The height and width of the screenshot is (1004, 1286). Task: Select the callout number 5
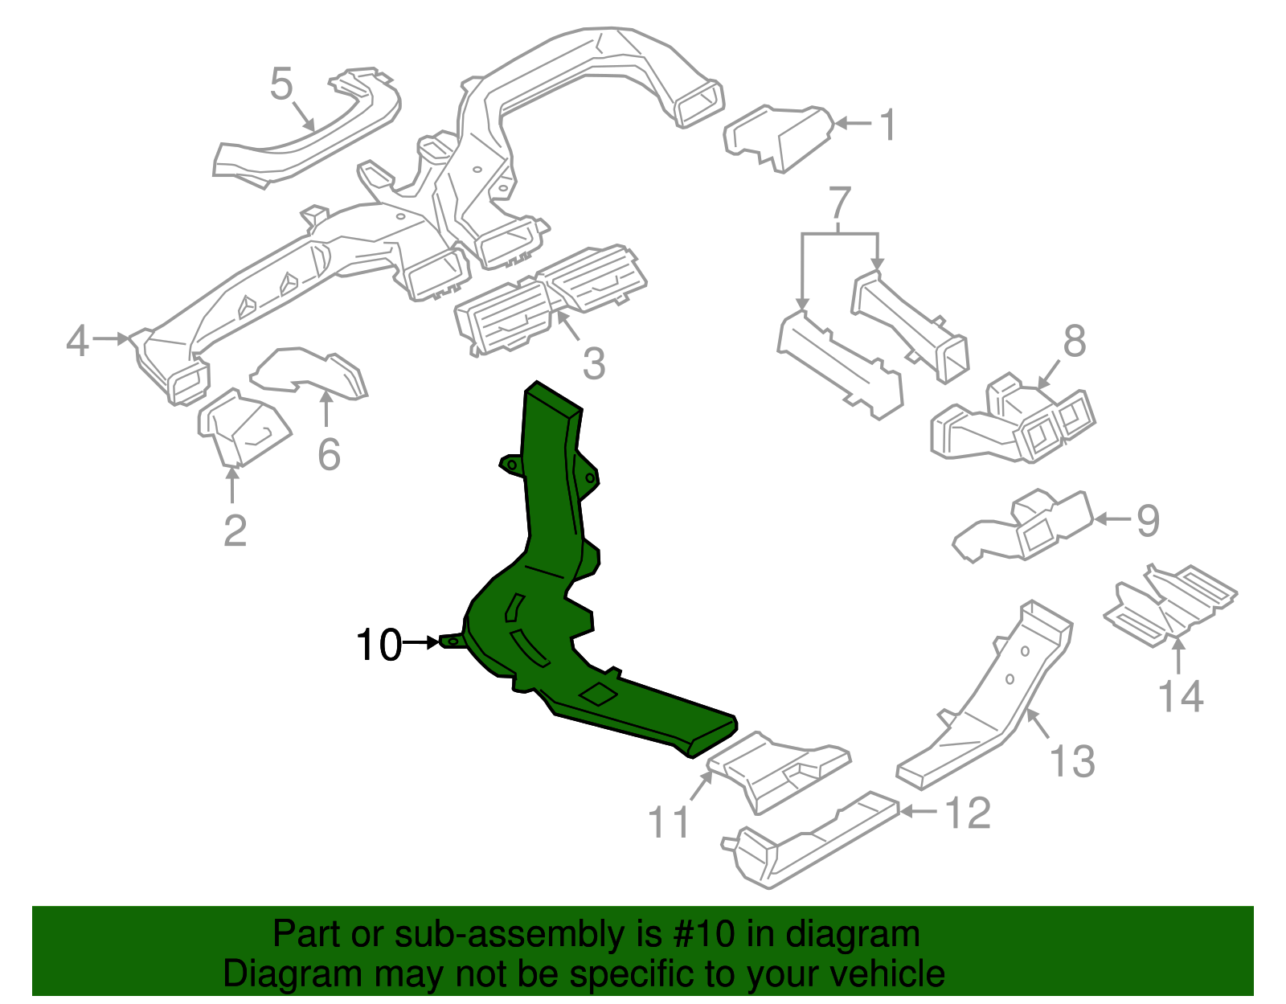pyautogui.click(x=281, y=84)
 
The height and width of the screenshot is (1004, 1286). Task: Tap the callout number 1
pyautogui.click(x=888, y=126)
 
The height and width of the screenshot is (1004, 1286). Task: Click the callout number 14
pyautogui.click(x=1181, y=696)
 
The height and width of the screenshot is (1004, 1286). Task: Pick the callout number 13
pyautogui.click(x=1073, y=761)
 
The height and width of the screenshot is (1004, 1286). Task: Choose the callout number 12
pyautogui.click(x=968, y=813)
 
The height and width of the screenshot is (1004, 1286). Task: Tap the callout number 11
pyautogui.click(x=669, y=822)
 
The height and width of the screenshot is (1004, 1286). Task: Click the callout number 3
pyautogui.click(x=593, y=363)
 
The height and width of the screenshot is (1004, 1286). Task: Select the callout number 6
pyautogui.click(x=329, y=454)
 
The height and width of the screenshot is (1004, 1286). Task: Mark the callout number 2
pyautogui.click(x=235, y=531)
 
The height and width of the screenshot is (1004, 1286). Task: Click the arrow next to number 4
pyautogui.click(x=110, y=339)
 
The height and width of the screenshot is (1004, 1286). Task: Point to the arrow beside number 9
pyautogui.click(x=1113, y=519)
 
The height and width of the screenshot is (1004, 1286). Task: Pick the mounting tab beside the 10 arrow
pyautogui.click(x=452, y=641)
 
